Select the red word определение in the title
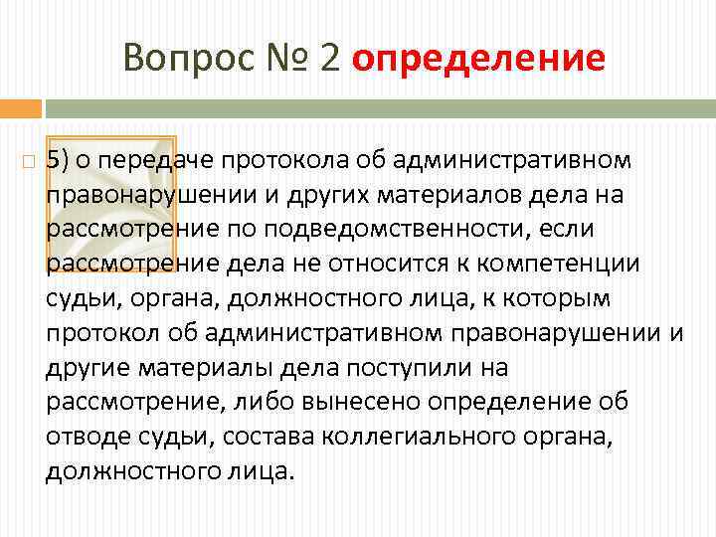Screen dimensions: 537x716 point(478,59)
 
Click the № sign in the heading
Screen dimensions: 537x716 point(285,59)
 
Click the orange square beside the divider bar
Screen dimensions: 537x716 point(20,107)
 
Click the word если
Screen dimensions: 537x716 point(571,230)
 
